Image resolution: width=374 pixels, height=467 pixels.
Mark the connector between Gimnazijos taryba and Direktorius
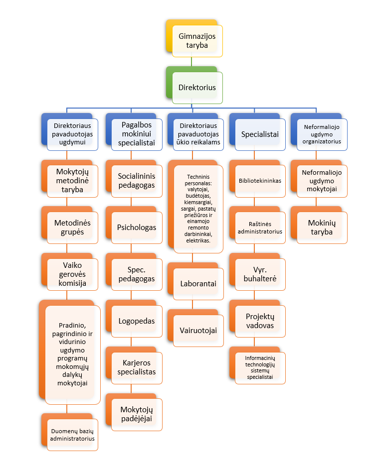pyautogui.click(x=191, y=62)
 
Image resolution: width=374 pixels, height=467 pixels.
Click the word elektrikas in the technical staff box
pyautogui.click(x=198, y=240)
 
